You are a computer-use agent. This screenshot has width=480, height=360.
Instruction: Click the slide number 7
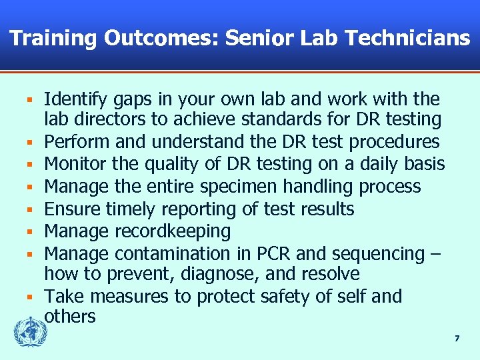point(457,339)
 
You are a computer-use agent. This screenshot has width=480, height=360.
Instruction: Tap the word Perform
point(76,142)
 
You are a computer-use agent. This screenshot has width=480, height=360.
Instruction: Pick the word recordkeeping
point(173,231)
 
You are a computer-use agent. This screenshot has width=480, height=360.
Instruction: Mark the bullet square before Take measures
point(30,297)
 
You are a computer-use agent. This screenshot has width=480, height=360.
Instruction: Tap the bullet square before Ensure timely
point(30,209)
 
